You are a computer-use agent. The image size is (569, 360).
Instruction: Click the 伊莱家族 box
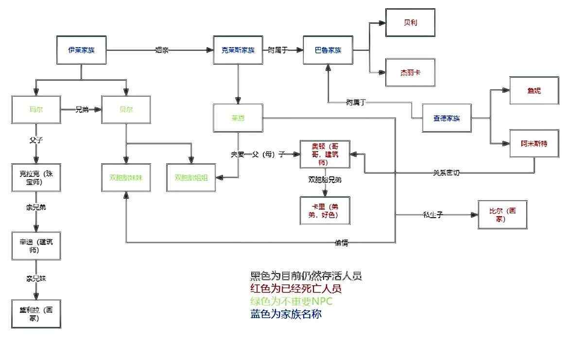tap(81, 50)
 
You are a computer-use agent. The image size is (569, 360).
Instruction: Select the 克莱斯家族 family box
tap(238, 50)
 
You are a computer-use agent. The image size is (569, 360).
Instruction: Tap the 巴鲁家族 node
tap(328, 50)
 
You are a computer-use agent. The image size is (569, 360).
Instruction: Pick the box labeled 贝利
tap(410, 22)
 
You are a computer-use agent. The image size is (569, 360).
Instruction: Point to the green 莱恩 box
tap(238, 118)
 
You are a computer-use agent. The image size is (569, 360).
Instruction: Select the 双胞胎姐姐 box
tap(191, 178)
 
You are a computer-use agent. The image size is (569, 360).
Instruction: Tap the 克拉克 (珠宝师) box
tap(36, 177)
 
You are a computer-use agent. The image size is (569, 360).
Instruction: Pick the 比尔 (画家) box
tap(502, 214)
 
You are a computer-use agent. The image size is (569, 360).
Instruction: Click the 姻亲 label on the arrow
tap(162, 50)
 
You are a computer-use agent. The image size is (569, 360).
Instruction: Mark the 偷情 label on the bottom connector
tap(342, 243)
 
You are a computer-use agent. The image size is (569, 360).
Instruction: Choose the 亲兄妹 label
tap(36, 279)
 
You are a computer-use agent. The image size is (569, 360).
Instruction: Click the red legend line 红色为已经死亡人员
tap(295, 289)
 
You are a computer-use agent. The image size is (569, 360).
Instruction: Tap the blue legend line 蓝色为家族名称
tap(286, 314)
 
